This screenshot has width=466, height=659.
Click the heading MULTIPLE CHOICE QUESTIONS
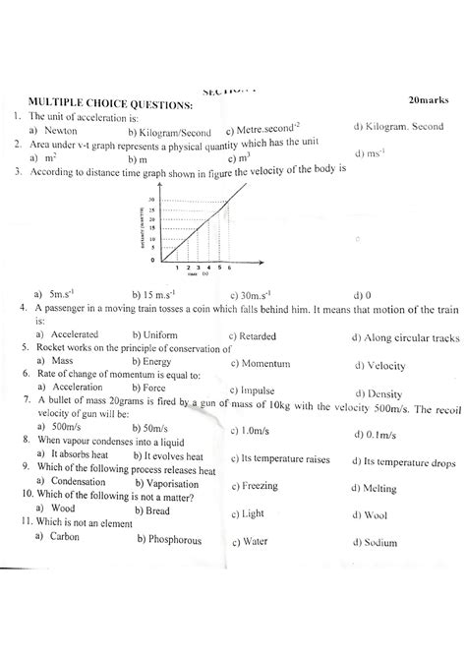(110, 103)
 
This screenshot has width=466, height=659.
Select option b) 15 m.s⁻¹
(154, 294)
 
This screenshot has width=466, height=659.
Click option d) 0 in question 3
(362, 294)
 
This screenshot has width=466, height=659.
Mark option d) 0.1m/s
(378, 435)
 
